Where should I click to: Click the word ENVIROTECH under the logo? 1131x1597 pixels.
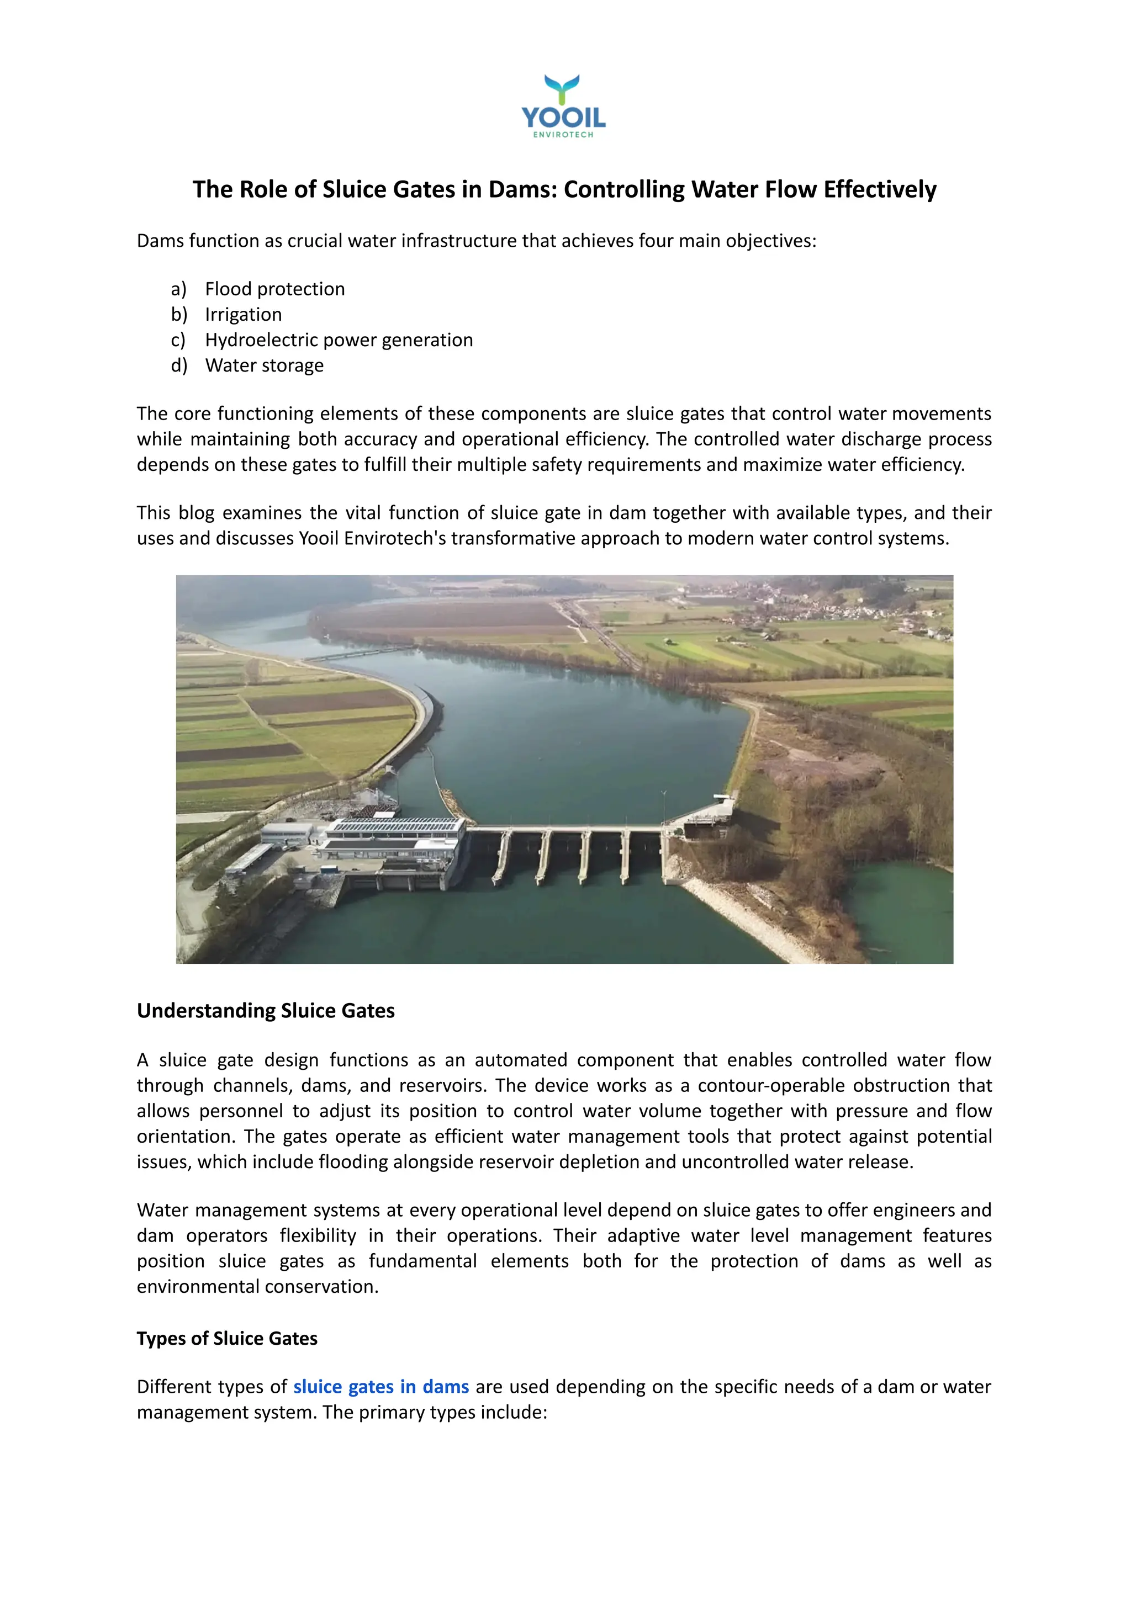pos(563,135)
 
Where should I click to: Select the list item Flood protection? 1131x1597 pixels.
pos(274,289)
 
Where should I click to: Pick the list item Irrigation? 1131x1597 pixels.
pos(243,315)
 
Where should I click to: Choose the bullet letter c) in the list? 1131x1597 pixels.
pos(178,341)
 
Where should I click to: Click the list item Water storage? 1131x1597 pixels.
pos(264,365)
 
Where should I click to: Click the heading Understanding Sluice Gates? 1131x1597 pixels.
pos(265,1011)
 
